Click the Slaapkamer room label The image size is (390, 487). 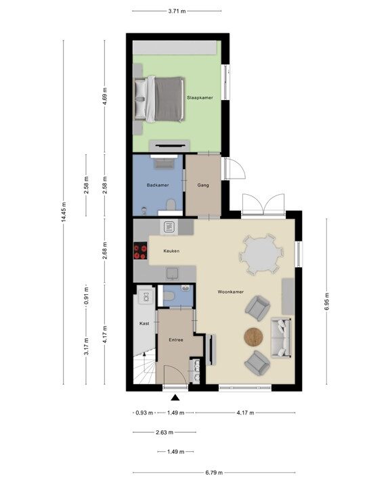tap(200, 97)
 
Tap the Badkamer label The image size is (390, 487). tap(158, 185)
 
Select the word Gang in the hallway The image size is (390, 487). tap(203, 185)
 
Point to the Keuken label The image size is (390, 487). tap(171, 251)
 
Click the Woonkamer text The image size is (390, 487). tap(230, 292)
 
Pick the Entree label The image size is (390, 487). tap(176, 340)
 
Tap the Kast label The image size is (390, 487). tap(144, 323)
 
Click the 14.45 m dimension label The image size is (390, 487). tap(64, 212)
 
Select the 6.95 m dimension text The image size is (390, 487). tap(326, 301)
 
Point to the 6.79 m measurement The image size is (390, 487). tap(214, 473)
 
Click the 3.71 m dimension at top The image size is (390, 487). tap(177, 11)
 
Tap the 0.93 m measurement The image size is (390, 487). tap(144, 413)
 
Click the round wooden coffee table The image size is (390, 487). tap(253, 337)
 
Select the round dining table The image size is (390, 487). tap(261, 254)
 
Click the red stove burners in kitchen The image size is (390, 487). tap(140, 251)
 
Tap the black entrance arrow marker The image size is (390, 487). tap(175, 398)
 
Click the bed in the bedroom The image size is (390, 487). tap(158, 99)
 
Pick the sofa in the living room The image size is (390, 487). tap(282, 338)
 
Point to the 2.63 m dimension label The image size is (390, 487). tap(165, 432)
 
